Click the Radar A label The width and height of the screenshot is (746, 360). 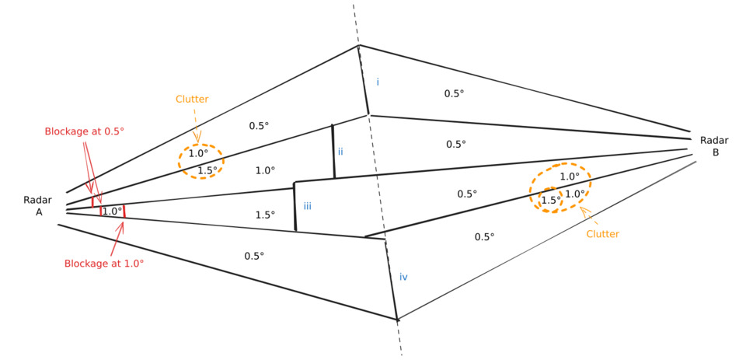[38, 206]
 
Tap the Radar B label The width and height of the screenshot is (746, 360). [714, 146]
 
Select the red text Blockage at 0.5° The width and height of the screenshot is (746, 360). [84, 131]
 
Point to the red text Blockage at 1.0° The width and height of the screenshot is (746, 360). [104, 264]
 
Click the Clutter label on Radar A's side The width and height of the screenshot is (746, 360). [192, 99]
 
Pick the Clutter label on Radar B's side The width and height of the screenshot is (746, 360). [603, 233]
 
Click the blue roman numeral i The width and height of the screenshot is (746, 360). [378, 82]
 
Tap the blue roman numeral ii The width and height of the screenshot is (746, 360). [340, 151]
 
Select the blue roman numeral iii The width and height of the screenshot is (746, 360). [308, 206]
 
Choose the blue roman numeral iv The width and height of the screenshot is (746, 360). [403, 277]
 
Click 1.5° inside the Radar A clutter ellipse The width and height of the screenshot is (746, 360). [207, 170]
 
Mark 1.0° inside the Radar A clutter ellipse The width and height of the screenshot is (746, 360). [198, 154]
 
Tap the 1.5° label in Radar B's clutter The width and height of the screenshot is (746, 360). [551, 200]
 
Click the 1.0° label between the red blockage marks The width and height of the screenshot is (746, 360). [112, 211]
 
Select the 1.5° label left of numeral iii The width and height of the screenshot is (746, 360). [265, 215]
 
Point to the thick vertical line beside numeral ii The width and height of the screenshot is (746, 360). [333, 152]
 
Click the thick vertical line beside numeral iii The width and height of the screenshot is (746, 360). [295, 207]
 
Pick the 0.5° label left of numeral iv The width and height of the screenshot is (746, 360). [254, 256]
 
